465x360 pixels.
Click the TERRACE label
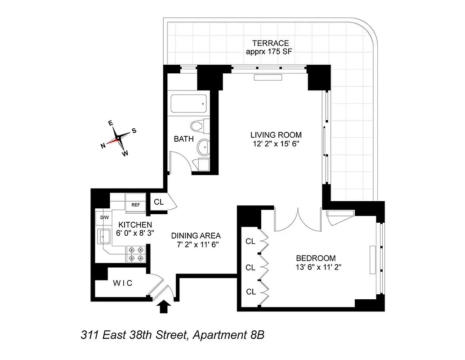[270, 43]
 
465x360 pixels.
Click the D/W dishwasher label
[104, 218]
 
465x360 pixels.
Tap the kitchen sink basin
[105, 236]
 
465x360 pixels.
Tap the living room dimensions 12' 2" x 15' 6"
[276, 144]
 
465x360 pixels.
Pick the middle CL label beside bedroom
[250, 267]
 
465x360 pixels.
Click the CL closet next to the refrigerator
[158, 202]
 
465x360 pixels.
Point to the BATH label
[184, 139]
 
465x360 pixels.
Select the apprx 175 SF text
[270, 51]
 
